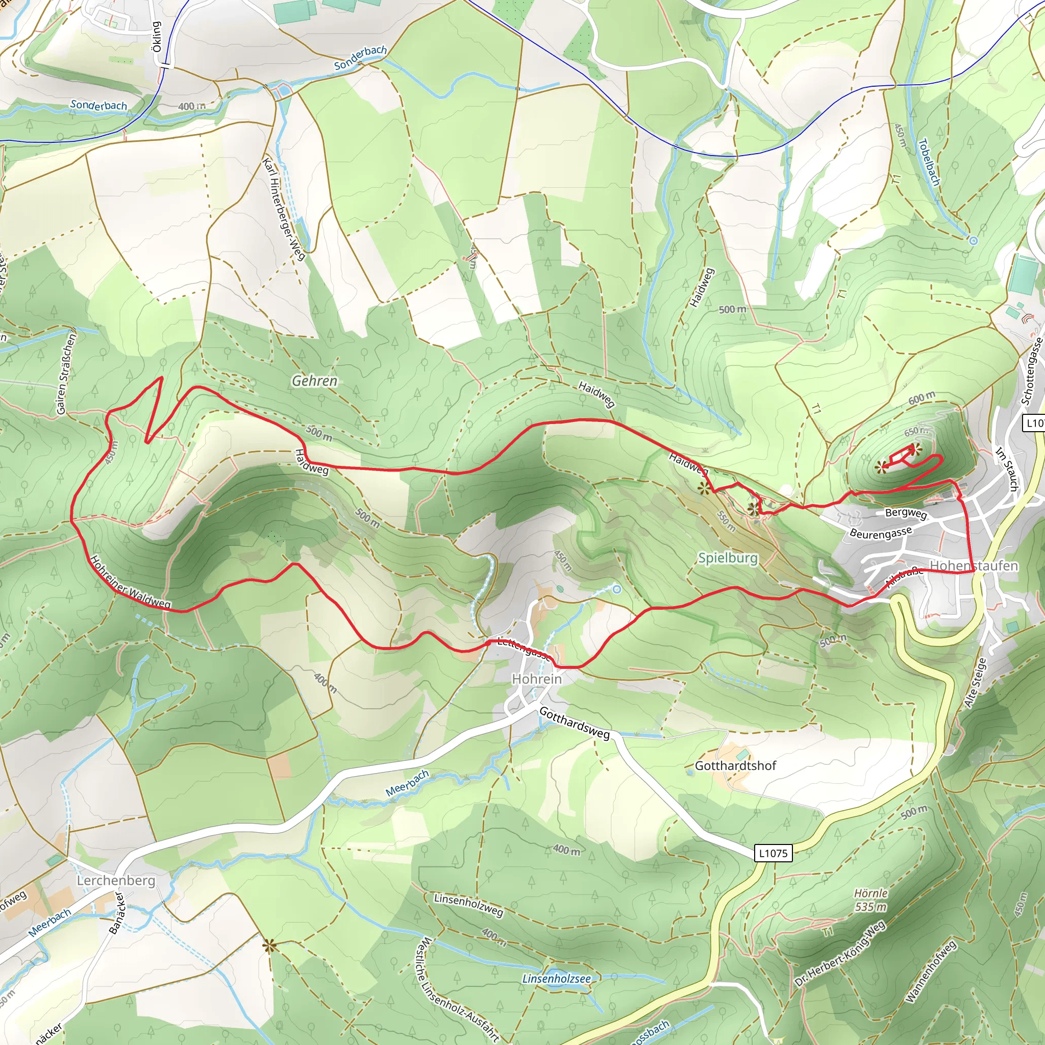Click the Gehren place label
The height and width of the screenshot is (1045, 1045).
(x=314, y=381)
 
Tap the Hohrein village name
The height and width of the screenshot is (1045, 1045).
(x=537, y=679)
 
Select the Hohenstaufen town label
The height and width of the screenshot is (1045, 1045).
(x=974, y=566)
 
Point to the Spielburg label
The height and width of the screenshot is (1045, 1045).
(x=728, y=558)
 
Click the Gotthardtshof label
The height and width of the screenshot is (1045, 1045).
(x=735, y=765)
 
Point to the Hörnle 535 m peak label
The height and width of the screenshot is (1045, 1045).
(x=870, y=900)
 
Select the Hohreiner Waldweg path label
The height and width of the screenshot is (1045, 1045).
(x=130, y=583)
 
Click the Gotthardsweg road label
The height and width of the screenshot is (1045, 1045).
(x=575, y=723)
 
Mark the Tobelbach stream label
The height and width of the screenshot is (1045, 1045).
(x=929, y=162)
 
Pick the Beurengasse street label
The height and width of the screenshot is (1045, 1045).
(x=881, y=533)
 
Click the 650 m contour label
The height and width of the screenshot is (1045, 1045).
(x=916, y=431)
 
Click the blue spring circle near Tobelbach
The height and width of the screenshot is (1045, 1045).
(x=973, y=241)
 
